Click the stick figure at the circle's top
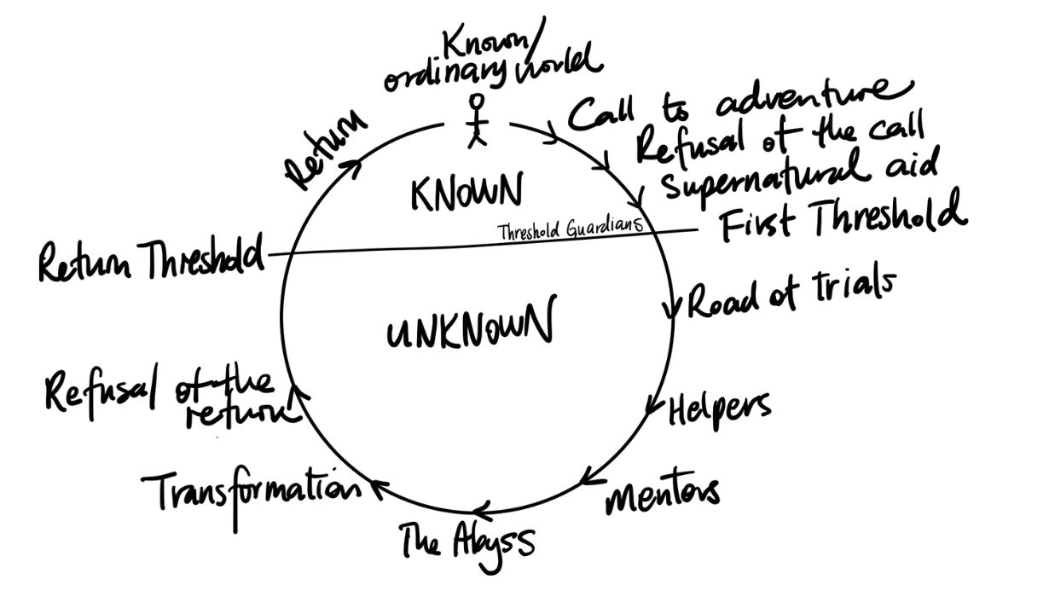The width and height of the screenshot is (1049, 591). (478, 121)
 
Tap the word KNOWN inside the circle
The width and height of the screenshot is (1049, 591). (465, 193)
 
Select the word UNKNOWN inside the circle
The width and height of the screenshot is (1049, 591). (468, 325)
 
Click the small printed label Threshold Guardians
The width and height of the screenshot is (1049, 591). (567, 229)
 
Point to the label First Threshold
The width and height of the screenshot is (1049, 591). (840, 217)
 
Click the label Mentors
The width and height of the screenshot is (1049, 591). (663, 495)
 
